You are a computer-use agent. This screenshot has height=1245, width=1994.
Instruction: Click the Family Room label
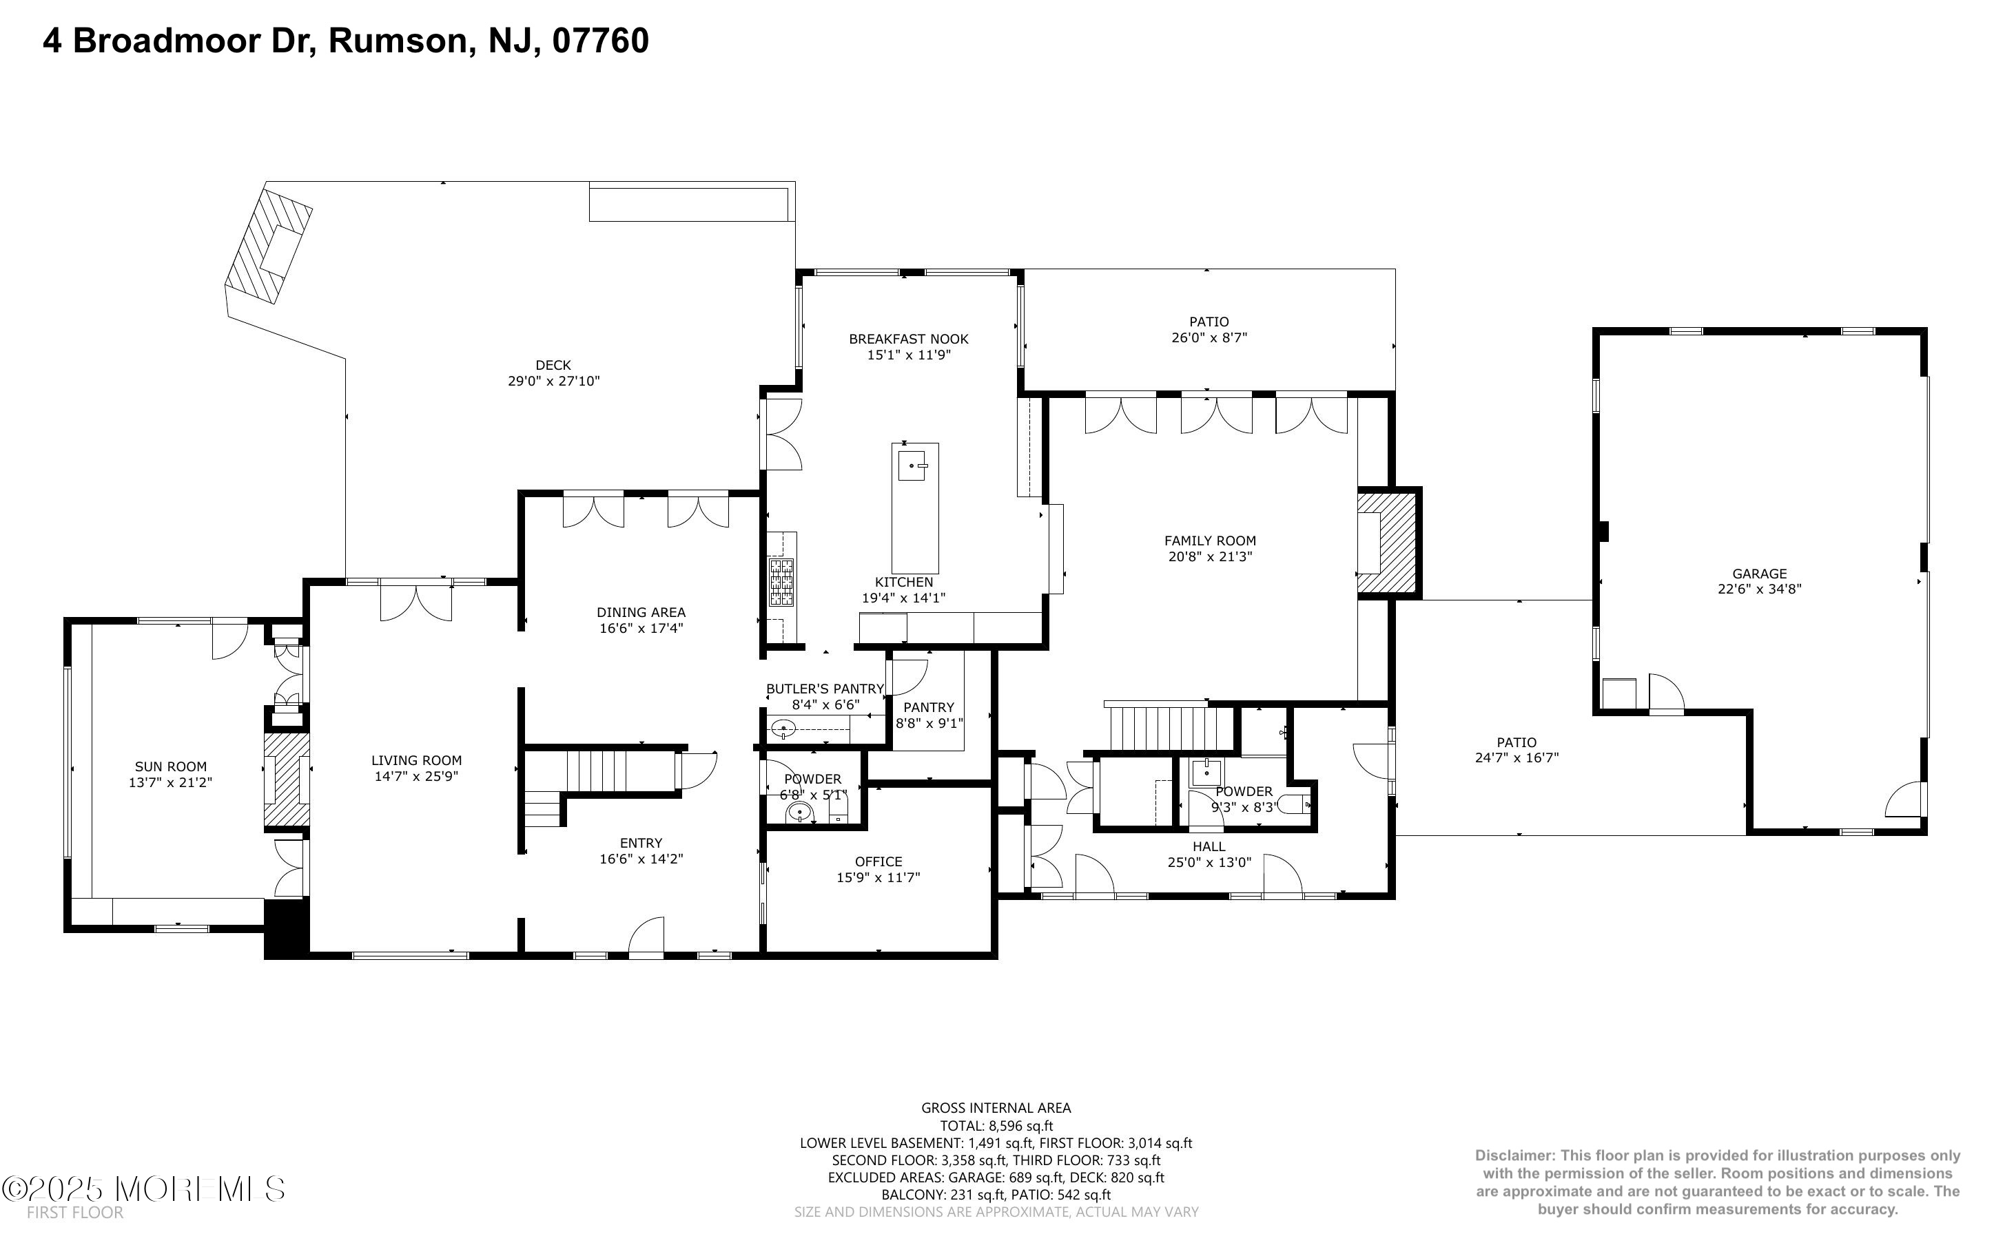(x=1209, y=541)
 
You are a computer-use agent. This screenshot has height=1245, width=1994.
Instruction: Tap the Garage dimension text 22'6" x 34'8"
(x=1759, y=589)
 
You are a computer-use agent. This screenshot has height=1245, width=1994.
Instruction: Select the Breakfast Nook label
(x=908, y=339)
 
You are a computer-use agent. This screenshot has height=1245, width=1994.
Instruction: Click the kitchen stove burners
(x=781, y=582)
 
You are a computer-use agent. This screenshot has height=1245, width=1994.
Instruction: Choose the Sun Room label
(x=170, y=766)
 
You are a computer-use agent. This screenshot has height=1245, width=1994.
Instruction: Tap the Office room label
(x=878, y=861)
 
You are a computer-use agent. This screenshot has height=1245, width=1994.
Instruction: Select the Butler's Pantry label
(x=825, y=689)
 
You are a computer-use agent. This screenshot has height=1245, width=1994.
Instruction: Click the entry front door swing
(x=646, y=937)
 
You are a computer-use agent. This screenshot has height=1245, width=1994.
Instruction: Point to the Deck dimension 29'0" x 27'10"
(x=553, y=381)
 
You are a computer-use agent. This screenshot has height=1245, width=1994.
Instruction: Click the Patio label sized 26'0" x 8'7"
(x=1209, y=322)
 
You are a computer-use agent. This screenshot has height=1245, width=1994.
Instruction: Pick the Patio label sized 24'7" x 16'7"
(x=1517, y=743)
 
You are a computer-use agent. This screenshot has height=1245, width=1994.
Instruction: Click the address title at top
(x=346, y=41)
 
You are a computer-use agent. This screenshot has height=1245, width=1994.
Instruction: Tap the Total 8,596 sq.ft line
(x=996, y=1126)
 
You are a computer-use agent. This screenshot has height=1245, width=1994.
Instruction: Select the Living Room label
(x=416, y=761)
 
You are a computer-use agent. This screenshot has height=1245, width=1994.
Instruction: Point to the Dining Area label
(x=641, y=613)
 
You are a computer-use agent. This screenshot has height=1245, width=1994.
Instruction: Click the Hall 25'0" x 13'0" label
(x=1209, y=846)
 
